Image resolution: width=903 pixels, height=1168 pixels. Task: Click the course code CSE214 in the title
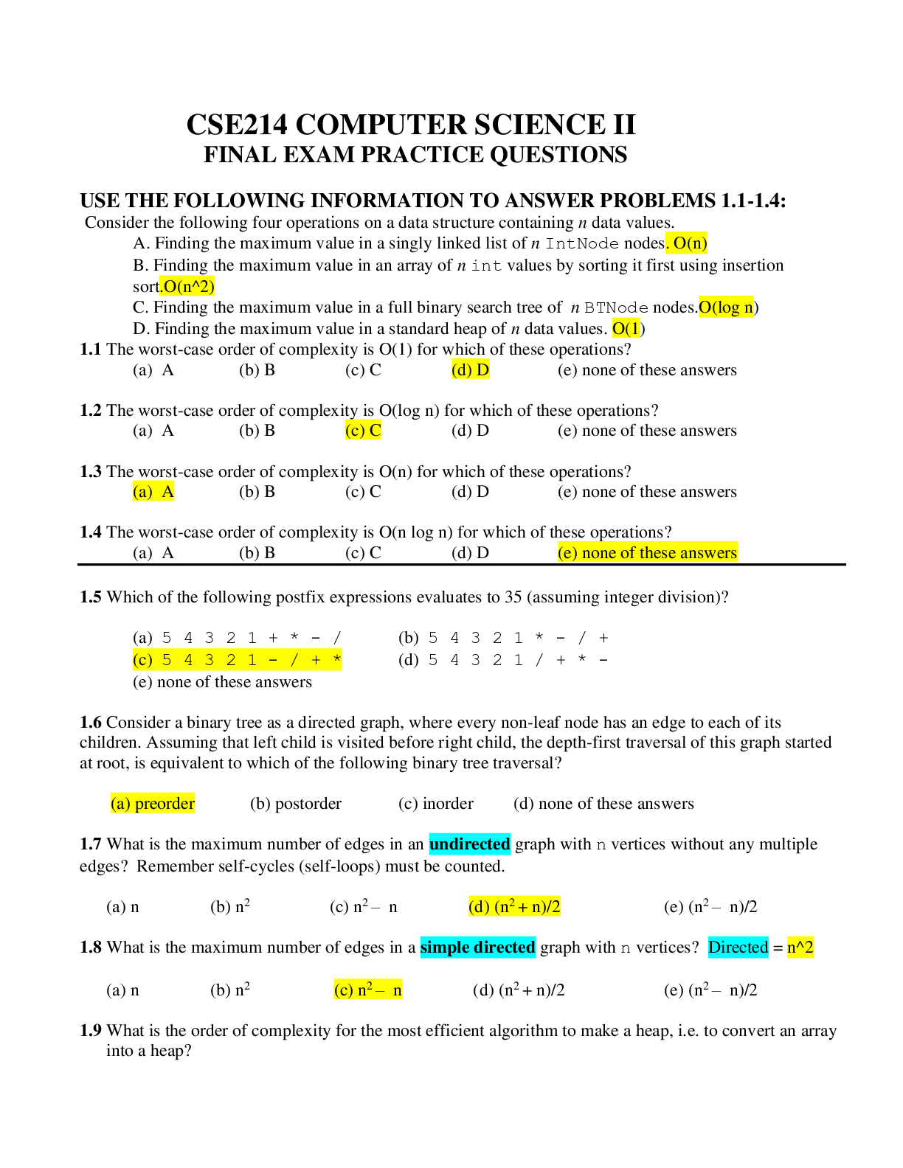click(x=237, y=125)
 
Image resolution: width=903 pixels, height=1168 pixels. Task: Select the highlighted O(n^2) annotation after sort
click(x=188, y=286)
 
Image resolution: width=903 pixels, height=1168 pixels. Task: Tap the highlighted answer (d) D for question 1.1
click(x=470, y=370)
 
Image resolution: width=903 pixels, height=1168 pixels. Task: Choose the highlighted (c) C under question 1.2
click(x=363, y=431)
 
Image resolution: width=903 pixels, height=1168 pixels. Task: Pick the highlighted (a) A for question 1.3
click(x=153, y=492)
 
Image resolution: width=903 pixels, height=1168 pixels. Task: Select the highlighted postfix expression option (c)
click(x=237, y=660)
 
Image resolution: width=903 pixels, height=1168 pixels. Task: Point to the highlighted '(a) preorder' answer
click(x=153, y=804)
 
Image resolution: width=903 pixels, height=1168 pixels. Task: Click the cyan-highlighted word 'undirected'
click(x=469, y=844)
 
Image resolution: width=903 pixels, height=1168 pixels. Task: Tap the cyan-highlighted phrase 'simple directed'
click(x=477, y=948)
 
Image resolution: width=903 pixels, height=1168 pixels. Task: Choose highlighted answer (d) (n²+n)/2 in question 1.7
click(x=514, y=907)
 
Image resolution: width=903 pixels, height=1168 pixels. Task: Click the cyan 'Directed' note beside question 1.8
click(x=738, y=948)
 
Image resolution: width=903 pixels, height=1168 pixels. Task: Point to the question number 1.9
click(x=90, y=1031)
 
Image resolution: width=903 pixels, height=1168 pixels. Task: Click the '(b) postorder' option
click(x=296, y=804)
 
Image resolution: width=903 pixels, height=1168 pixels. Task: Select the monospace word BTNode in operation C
click(x=616, y=308)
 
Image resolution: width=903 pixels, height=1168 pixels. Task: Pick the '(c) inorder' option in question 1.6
click(x=435, y=804)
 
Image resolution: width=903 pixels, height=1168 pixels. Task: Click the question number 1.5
click(x=90, y=597)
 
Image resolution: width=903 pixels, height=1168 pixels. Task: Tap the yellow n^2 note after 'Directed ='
click(x=800, y=948)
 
